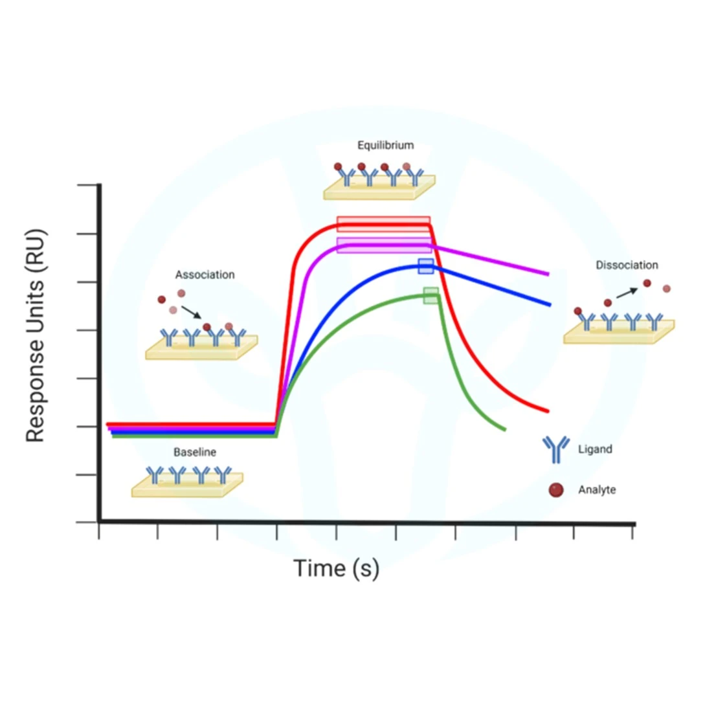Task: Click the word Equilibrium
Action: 385,145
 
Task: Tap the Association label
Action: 205,274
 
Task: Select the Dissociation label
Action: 627,265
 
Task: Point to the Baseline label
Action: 194,452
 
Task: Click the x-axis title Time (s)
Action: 336,568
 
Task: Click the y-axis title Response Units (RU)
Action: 36,335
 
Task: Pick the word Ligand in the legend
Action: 595,449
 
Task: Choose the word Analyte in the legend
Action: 597,489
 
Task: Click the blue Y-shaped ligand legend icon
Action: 555,449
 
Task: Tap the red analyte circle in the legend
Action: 555,490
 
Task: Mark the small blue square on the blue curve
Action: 425,266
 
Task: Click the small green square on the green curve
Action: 431,296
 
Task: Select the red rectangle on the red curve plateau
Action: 383,224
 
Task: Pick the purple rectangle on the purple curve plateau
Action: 384,245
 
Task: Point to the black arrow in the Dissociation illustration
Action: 626,293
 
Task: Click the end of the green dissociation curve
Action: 504,429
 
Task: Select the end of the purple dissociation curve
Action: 548,274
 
